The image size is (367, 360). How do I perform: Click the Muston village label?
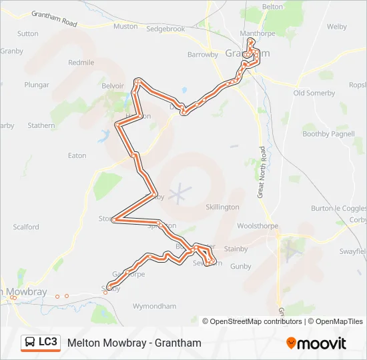[125, 27]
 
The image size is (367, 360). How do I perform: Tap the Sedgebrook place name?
[165, 29]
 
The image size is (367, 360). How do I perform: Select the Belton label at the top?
[273, 6]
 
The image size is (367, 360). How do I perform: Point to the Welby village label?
[337, 27]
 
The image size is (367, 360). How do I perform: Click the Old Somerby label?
[314, 93]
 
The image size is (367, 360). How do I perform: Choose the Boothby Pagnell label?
[328, 134]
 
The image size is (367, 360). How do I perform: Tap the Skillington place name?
[222, 207]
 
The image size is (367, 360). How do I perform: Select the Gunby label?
[240, 267]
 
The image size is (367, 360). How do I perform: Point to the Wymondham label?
[155, 307]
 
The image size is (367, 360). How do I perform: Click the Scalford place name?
[26, 227]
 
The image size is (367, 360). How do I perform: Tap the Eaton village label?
[77, 156]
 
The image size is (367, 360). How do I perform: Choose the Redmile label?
[81, 63]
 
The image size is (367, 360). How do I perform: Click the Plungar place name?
[37, 85]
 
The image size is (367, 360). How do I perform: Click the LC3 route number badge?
[48, 343]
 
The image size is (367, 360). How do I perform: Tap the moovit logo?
[316, 343]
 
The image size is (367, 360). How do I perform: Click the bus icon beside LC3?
[31, 343]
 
